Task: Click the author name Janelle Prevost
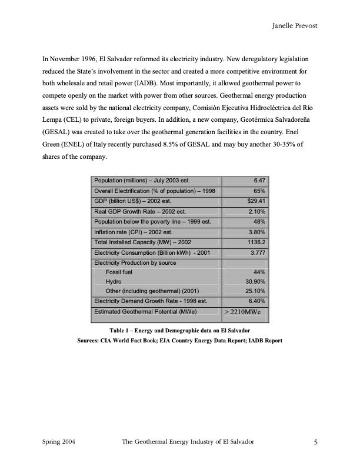(295, 26)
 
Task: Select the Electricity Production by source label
(135, 262)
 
